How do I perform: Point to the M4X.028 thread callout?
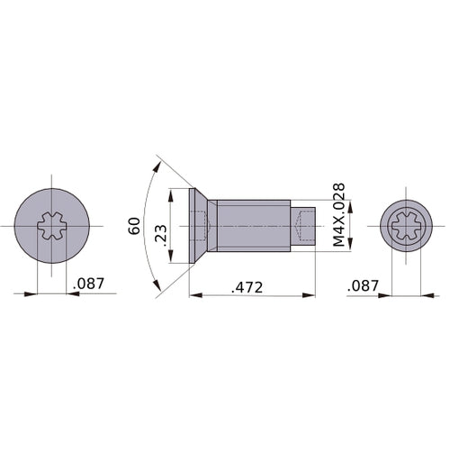click(x=338, y=215)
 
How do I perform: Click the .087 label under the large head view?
click(x=87, y=283)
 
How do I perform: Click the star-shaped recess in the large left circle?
click(x=52, y=226)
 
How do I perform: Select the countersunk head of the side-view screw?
click(x=200, y=226)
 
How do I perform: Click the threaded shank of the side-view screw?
click(x=254, y=226)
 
